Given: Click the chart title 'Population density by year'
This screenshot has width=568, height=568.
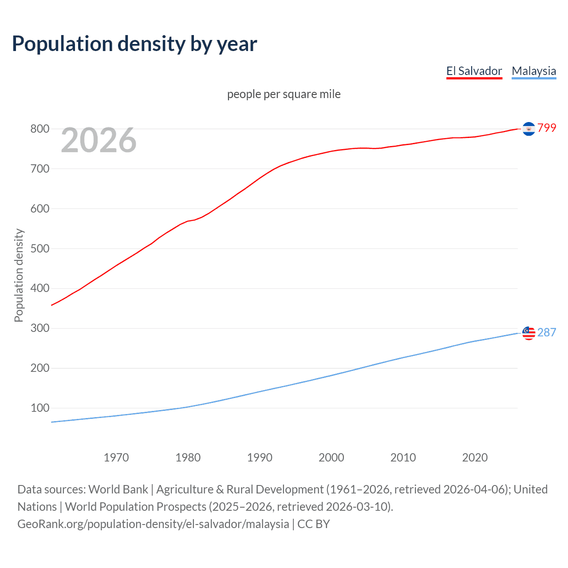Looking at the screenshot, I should coord(134,44).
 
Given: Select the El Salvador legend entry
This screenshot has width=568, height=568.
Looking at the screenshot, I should coord(474,71).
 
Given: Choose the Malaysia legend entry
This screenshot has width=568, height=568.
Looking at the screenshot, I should coord(533,71).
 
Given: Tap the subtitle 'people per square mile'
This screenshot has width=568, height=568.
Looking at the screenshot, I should coord(284,94).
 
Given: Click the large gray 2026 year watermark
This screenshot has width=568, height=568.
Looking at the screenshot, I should coord(99,140).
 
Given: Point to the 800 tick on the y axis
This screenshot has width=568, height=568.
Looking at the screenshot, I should coord(39,129).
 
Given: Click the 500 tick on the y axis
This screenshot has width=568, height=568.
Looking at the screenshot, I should coord(39,248).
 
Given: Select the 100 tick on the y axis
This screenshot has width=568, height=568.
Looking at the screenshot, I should coord(39,408).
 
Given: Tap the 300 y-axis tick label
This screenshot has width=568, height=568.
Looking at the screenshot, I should coord(39,328).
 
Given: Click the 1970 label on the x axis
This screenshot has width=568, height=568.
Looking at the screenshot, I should coord(116,458).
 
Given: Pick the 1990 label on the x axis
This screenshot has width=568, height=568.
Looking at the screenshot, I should coord(260,458).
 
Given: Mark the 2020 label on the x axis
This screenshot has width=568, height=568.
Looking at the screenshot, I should coord(475,458).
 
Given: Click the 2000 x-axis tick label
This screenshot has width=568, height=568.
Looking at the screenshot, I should coord(331,458).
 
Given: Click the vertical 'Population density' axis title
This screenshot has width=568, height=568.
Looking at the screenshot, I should coord(19,275).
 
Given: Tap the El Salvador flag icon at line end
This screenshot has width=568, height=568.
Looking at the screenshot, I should coord(529,129).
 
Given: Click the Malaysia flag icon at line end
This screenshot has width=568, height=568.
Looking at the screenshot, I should coord(529,333).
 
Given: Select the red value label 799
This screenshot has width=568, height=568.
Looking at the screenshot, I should coord(547,128).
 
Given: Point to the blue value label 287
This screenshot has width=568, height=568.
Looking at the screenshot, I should coord(547,332).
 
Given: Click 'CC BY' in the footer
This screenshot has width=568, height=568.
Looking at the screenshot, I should coord(313,524).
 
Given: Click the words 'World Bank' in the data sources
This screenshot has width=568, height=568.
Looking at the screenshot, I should coord(118,489).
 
